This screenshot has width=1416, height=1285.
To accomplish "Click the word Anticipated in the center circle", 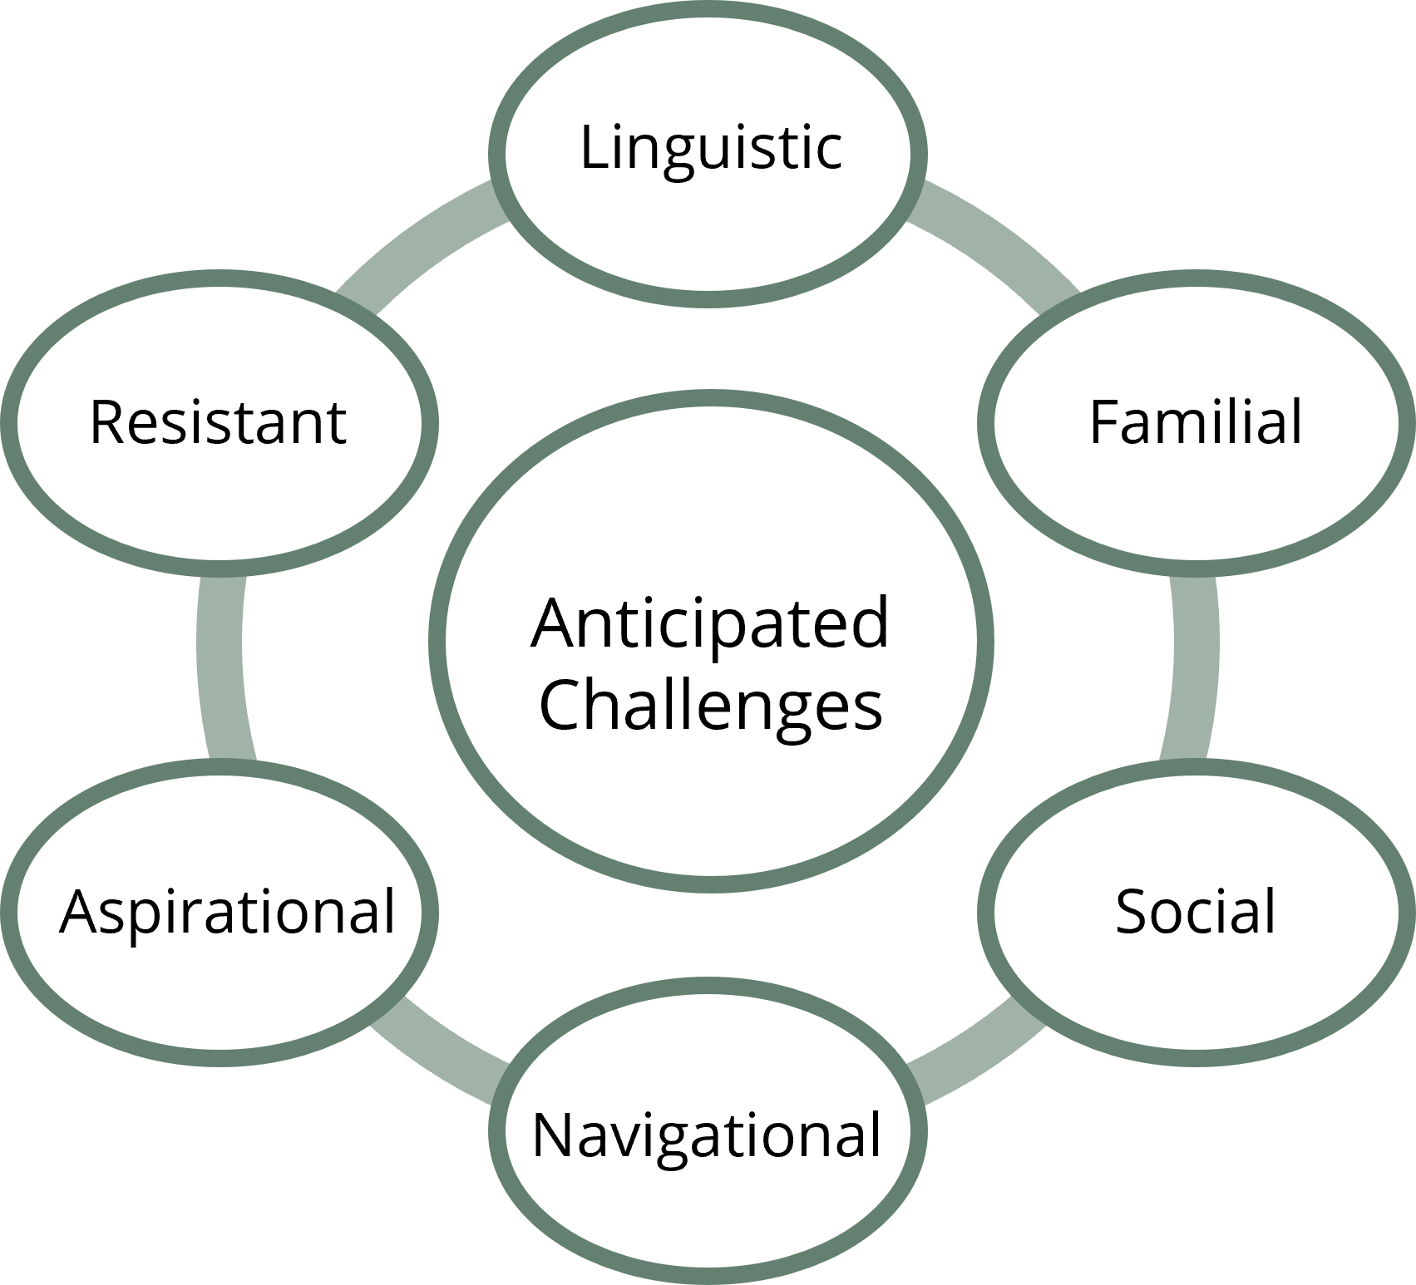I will [x=710, y=625].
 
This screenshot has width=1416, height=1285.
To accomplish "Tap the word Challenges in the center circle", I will [x=710, y=705].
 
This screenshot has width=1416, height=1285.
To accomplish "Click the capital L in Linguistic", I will [x=592, y=147].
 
